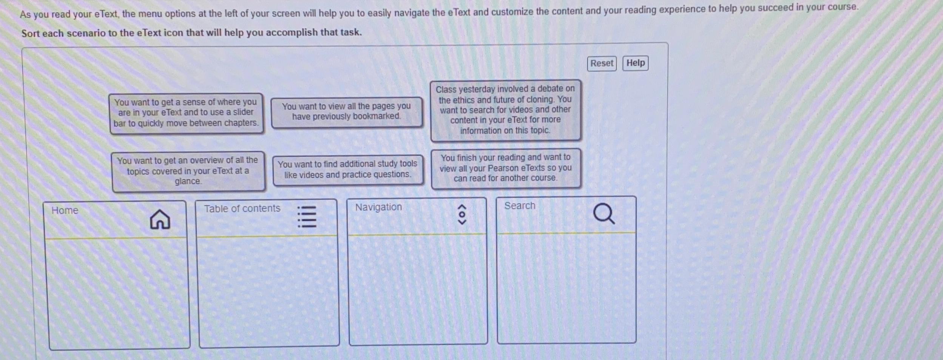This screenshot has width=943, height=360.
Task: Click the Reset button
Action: (x=602, y=63)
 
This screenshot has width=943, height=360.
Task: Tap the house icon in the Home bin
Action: (x=160, y=219)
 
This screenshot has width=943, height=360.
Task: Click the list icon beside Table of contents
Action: (x=307, y=216)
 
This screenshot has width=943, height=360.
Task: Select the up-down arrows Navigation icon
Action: (x=461, y=215)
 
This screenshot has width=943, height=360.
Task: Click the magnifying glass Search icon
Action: (x=603, y=214)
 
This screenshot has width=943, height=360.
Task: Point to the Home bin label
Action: (x=65, y=210)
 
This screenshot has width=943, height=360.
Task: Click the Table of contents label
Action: (x=242, y=209)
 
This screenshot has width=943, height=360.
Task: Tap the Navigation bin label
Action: (x=378, y=207)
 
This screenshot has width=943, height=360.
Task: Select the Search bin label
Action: (x=520, y=206)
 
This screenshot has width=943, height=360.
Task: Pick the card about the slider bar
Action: (x=186, y=113)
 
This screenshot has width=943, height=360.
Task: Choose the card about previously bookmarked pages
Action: (x=346, y=112)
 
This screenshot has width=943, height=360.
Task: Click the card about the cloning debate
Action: (x=505, y=110)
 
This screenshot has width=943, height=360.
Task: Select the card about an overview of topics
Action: (x=188, y=171)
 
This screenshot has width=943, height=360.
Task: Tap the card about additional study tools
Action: (x=347, y=170)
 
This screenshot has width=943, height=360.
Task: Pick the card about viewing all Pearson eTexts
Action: (x=505, y=168)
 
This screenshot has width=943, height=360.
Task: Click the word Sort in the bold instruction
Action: (x=30, y=34)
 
